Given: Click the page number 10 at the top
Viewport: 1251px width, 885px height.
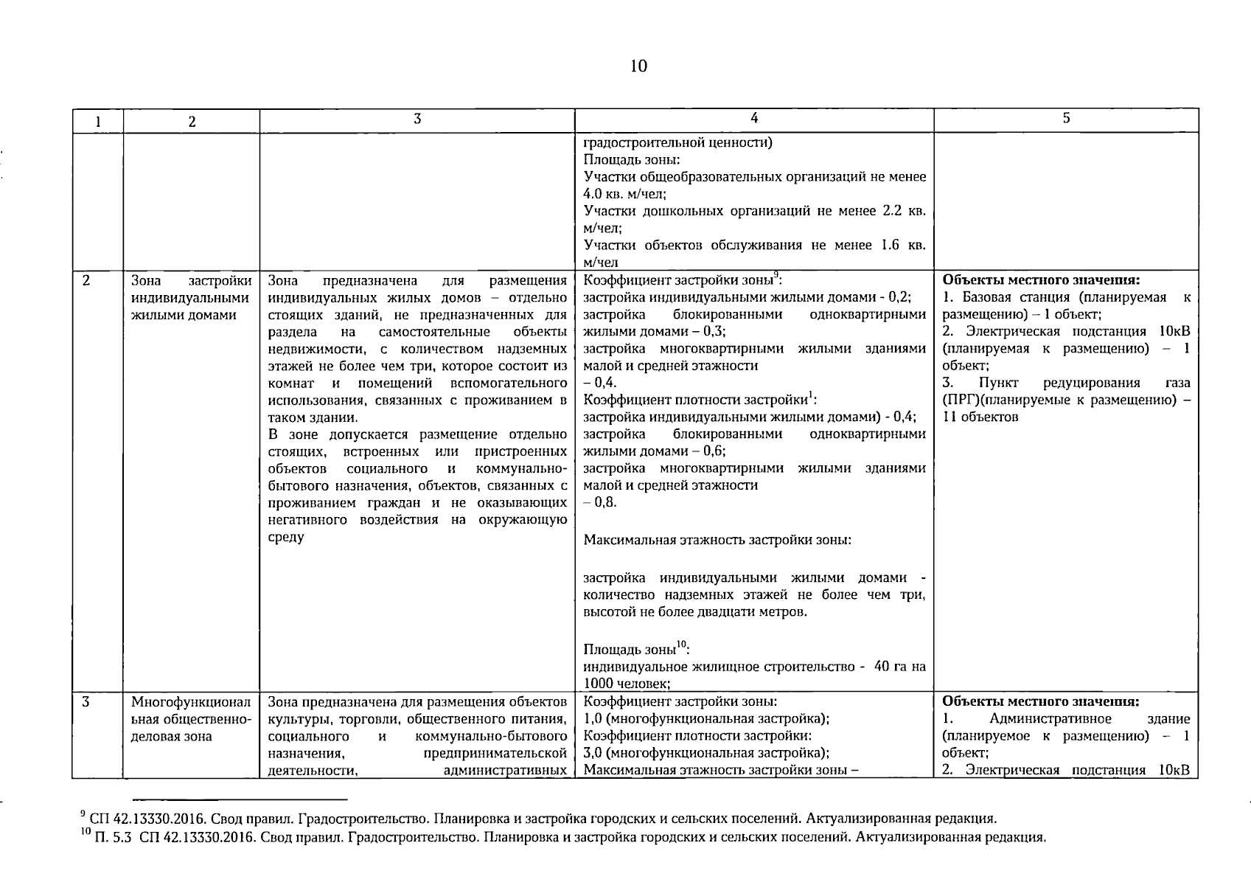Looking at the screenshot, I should (x=638, y=66).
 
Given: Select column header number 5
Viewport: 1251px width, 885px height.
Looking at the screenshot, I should (x=1066, y=118).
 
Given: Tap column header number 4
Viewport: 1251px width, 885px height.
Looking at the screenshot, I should (x=753, y=118).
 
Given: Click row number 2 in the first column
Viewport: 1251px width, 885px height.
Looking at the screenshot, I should (x=86, y=281).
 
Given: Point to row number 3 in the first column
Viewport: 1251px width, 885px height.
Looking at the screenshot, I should (x=86, y=702).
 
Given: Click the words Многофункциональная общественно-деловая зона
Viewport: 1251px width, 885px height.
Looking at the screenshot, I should (x=191, y=719).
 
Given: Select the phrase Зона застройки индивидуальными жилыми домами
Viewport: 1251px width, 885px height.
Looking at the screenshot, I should (x=191, y=298).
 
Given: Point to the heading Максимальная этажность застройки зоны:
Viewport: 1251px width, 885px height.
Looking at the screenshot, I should (x=717, y=540).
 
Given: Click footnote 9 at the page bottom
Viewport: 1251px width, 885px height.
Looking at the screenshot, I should (x=538, y=818).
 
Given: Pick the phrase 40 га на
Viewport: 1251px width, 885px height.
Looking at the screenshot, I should (x=899, y=667).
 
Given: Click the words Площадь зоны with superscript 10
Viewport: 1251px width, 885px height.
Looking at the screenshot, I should (x=635, y=650).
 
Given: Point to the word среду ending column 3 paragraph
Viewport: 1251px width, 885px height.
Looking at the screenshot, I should (x=286, y=538).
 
